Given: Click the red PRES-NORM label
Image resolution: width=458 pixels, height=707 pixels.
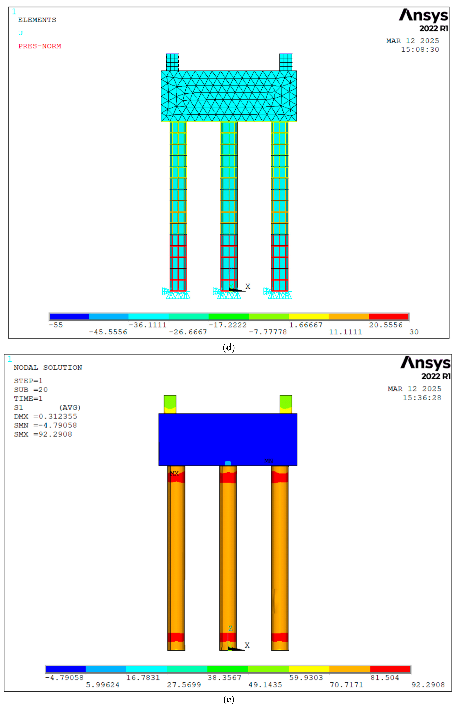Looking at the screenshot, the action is point(40,46).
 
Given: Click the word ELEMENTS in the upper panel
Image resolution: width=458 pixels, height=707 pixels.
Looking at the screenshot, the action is point(37,20).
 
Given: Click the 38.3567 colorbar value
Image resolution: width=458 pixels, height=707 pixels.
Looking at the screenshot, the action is point(224,678).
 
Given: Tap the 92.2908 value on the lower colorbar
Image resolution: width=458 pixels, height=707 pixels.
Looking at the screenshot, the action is point(428,685).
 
